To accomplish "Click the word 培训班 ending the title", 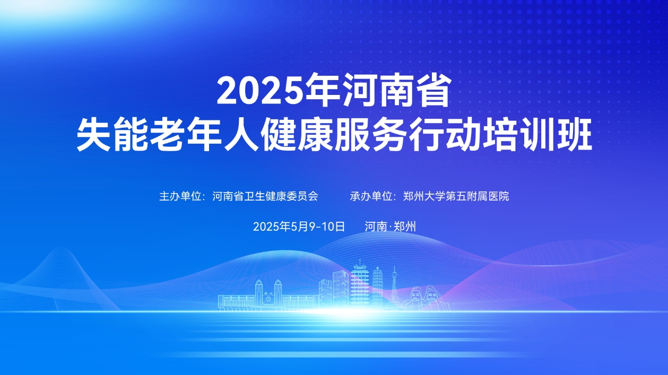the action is (x=537, y=135).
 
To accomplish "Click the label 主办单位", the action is (x=180, y=196).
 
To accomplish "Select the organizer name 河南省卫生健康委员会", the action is (x=265, y=196).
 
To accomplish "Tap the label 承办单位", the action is (x=371, y=196).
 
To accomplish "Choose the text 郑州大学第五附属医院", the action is (x=456, y=196).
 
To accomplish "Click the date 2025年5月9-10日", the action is (x=299, y=226).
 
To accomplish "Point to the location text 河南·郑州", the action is (x=390, y=226).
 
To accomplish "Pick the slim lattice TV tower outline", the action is (x=394, y=287).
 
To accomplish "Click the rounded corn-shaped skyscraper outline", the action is (x=377, y=287).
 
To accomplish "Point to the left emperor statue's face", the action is (x=416, y=294).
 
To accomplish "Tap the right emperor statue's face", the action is (x=431, y=294).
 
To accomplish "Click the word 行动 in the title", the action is (x=445, y=135).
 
